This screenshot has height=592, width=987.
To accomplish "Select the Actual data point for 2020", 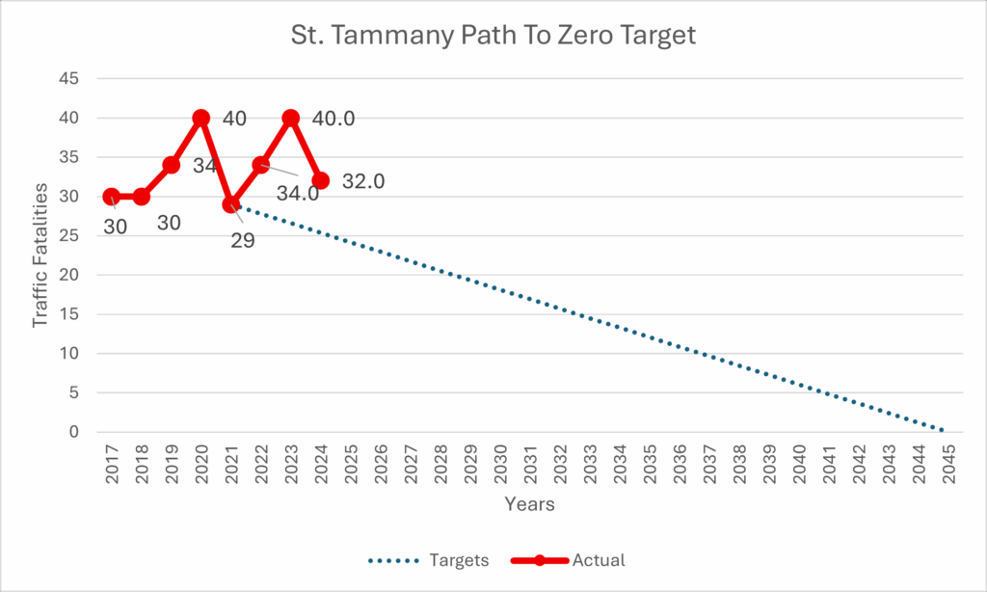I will click(200, 118).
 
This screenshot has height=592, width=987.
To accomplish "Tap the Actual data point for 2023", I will click(290, 118).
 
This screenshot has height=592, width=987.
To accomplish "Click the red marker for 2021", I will click(230, 204).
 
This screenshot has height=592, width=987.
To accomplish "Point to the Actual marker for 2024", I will click(320, 180).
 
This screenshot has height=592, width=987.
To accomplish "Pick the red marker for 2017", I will click(111, 197).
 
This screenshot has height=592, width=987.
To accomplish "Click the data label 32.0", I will click(363, 181).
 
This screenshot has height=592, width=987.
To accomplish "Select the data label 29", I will click(243, 240).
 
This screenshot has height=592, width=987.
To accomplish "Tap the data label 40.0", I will click(333, 119).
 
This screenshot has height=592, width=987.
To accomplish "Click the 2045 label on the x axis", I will click(948, 466).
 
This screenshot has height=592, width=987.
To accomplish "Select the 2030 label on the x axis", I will click(500, 466).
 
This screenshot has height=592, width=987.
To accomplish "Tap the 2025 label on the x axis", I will click(351, 466).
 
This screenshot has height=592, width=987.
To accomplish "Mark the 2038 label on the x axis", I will click(739, 466).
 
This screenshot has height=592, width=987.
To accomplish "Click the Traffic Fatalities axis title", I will click(40, 255).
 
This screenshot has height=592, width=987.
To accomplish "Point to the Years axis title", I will click(529, 503).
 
